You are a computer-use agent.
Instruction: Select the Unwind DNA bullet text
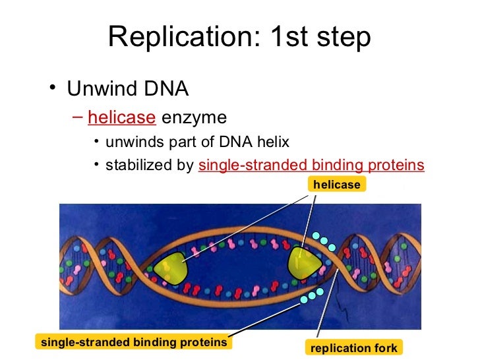coord(128,88)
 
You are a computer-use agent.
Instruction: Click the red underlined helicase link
coord(121,118)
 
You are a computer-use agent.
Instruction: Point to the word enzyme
coord(194,118)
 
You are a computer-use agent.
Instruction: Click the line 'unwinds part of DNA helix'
coord(197,142)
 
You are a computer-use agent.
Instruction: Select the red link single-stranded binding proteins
coord(311,165)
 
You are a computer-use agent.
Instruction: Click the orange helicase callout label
coord(336,185)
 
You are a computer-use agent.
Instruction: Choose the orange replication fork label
coord(354,348)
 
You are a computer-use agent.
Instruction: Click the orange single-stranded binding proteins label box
coord(134,342)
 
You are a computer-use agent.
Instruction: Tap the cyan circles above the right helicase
coord(324,241)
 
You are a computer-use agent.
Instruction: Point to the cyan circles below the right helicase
coord(312,295)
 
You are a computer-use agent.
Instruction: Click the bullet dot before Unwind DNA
coord(51,89)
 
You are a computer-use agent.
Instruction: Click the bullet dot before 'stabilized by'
coord(96,165)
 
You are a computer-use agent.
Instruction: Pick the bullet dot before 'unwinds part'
coord(96,142)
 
